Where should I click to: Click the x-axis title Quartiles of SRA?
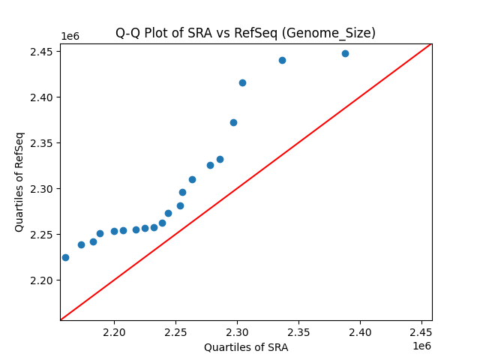[246, 347]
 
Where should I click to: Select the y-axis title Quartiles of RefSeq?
[19, 181]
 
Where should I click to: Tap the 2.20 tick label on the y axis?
[43, 280]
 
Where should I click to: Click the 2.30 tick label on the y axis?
[43, 188]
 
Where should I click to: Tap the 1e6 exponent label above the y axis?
[70, 36]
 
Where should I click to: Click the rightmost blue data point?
[345, 53]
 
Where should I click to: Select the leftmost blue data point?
[65, 257]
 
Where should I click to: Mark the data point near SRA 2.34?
[282, 60]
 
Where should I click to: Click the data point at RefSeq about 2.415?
[242, 82]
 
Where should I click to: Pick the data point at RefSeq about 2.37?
[233, 122]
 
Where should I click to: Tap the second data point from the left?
[81, 244]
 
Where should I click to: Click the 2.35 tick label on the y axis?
[43, 142]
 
